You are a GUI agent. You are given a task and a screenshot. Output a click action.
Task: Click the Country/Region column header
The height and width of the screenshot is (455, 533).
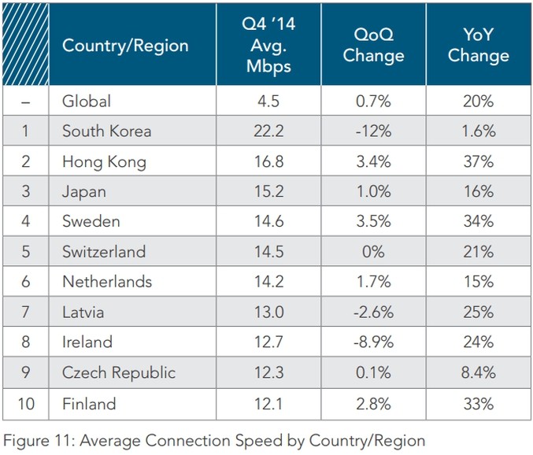125,46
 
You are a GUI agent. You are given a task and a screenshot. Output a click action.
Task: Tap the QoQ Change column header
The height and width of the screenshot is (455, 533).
373,46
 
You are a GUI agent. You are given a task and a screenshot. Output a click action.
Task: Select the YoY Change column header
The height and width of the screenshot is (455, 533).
478,46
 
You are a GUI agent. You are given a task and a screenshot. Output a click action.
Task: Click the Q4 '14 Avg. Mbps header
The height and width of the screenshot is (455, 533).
268,45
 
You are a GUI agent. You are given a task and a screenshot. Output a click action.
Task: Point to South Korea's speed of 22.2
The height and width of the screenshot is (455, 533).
268,131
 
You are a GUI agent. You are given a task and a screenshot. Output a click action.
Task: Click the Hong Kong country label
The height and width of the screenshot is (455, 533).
104,162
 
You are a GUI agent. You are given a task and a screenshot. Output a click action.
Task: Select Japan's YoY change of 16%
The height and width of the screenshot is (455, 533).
478,192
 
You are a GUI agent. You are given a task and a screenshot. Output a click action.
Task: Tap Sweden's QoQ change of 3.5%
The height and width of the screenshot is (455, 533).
373,223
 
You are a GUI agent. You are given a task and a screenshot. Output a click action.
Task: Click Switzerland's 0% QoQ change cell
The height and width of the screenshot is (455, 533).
373,253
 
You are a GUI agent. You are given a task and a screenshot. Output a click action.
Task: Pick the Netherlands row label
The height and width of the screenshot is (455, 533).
107,283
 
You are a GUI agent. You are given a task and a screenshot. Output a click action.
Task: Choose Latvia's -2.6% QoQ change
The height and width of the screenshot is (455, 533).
373,313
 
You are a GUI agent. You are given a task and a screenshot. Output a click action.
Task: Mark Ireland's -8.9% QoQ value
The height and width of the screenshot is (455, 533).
373,343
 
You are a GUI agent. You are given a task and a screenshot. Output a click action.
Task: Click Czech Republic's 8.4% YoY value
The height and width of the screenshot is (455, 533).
478,373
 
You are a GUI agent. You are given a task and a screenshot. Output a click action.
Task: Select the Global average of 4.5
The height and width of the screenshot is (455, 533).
268,101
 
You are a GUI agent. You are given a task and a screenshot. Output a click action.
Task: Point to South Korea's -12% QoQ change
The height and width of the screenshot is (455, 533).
373,131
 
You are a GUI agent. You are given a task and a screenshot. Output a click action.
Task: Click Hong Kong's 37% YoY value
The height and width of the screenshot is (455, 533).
478,162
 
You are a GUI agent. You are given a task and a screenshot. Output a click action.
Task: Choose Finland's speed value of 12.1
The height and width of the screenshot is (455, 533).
268,404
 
